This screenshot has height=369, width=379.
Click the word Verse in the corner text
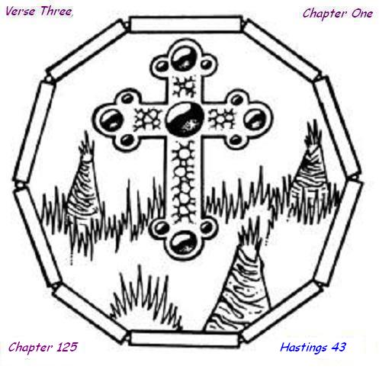click(x=21, y=11)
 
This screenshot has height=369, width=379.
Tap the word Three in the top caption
click(x=56, y=11)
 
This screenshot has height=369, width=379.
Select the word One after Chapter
click(x=362, y=14)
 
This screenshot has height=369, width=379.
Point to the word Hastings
click(x=304, y=348)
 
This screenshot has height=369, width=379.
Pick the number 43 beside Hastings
click(x=338, y=347)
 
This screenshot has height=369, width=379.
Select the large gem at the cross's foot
click(x=183, y=242)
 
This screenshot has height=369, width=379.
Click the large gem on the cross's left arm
click(x=111, y=120)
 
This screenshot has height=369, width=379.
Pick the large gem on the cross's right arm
click(x=255, y=119)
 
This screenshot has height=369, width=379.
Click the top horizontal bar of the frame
click(x=185, y=24)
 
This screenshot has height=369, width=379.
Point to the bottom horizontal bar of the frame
click(x=185, y=339)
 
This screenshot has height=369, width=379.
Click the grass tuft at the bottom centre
click(x=146, y=300)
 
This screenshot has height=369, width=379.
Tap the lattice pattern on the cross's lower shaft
click(x=184, y=182)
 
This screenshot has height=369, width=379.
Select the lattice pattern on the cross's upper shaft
click(x=184, y=87)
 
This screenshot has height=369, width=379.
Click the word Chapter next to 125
click(x=31, y=348)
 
